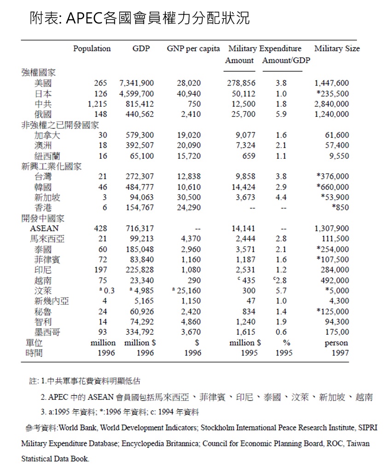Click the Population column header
[x=92, y=49]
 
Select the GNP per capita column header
[x=193, y=49]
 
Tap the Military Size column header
[x=337, y=49]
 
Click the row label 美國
[x=43, y=83]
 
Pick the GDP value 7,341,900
[x=136, y=83]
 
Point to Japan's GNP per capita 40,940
[x=189, y=93]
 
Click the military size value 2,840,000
[x=331, y=104]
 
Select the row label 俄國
[x=43, y=114]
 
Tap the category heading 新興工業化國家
[x=52, y=166]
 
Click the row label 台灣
[x=43, y=177]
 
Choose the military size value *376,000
[x=333, y=177]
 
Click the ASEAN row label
[x=44, y=229]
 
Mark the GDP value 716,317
[x=140, y=229]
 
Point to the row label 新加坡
[x=47, y=197]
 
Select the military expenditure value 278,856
[x=241, y=83]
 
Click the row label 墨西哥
[x=47, y=332]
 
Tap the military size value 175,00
[x=336, y=332]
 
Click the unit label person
[x=336, y=343]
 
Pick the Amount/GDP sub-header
[x=286, y=61]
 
